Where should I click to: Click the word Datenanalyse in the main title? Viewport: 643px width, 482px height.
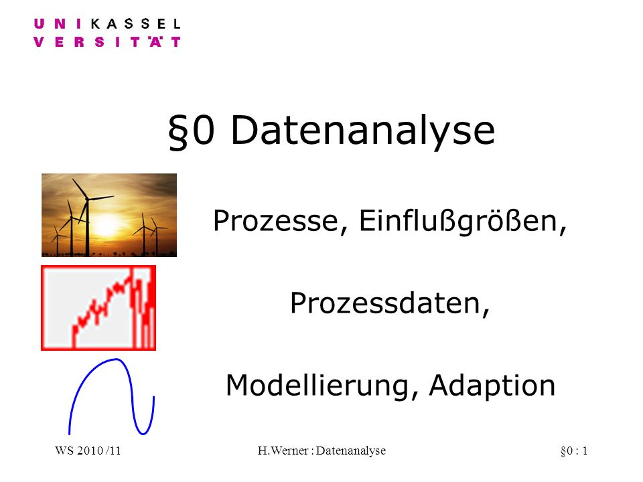[x=363, y=131]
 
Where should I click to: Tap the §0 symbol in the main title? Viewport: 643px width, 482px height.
[x=192, y=131]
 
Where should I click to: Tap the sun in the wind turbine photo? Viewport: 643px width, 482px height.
[x=106, y=225]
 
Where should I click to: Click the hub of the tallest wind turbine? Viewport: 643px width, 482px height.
[x=87, y=199]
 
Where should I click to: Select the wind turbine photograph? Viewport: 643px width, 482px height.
[x=109, y=215]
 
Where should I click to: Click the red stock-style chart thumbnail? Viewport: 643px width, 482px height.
[x=98, y=308]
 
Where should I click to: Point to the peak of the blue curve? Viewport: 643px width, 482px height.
[x=117, y=359]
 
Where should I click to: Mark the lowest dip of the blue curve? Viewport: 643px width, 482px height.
[x=143, y=434]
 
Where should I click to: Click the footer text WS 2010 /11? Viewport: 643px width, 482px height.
[x=88, y=451]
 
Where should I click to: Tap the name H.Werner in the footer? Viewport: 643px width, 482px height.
[x=283, y=451]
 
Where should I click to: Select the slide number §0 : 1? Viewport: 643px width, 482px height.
[x=574, y=451]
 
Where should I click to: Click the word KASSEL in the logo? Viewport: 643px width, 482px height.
[x=135, y=24]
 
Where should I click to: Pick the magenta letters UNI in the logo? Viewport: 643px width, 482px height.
[x=58, y=24]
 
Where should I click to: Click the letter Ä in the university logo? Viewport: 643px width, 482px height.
[x=155, y=42]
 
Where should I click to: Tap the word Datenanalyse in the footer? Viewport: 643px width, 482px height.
[x=351, y=451]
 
